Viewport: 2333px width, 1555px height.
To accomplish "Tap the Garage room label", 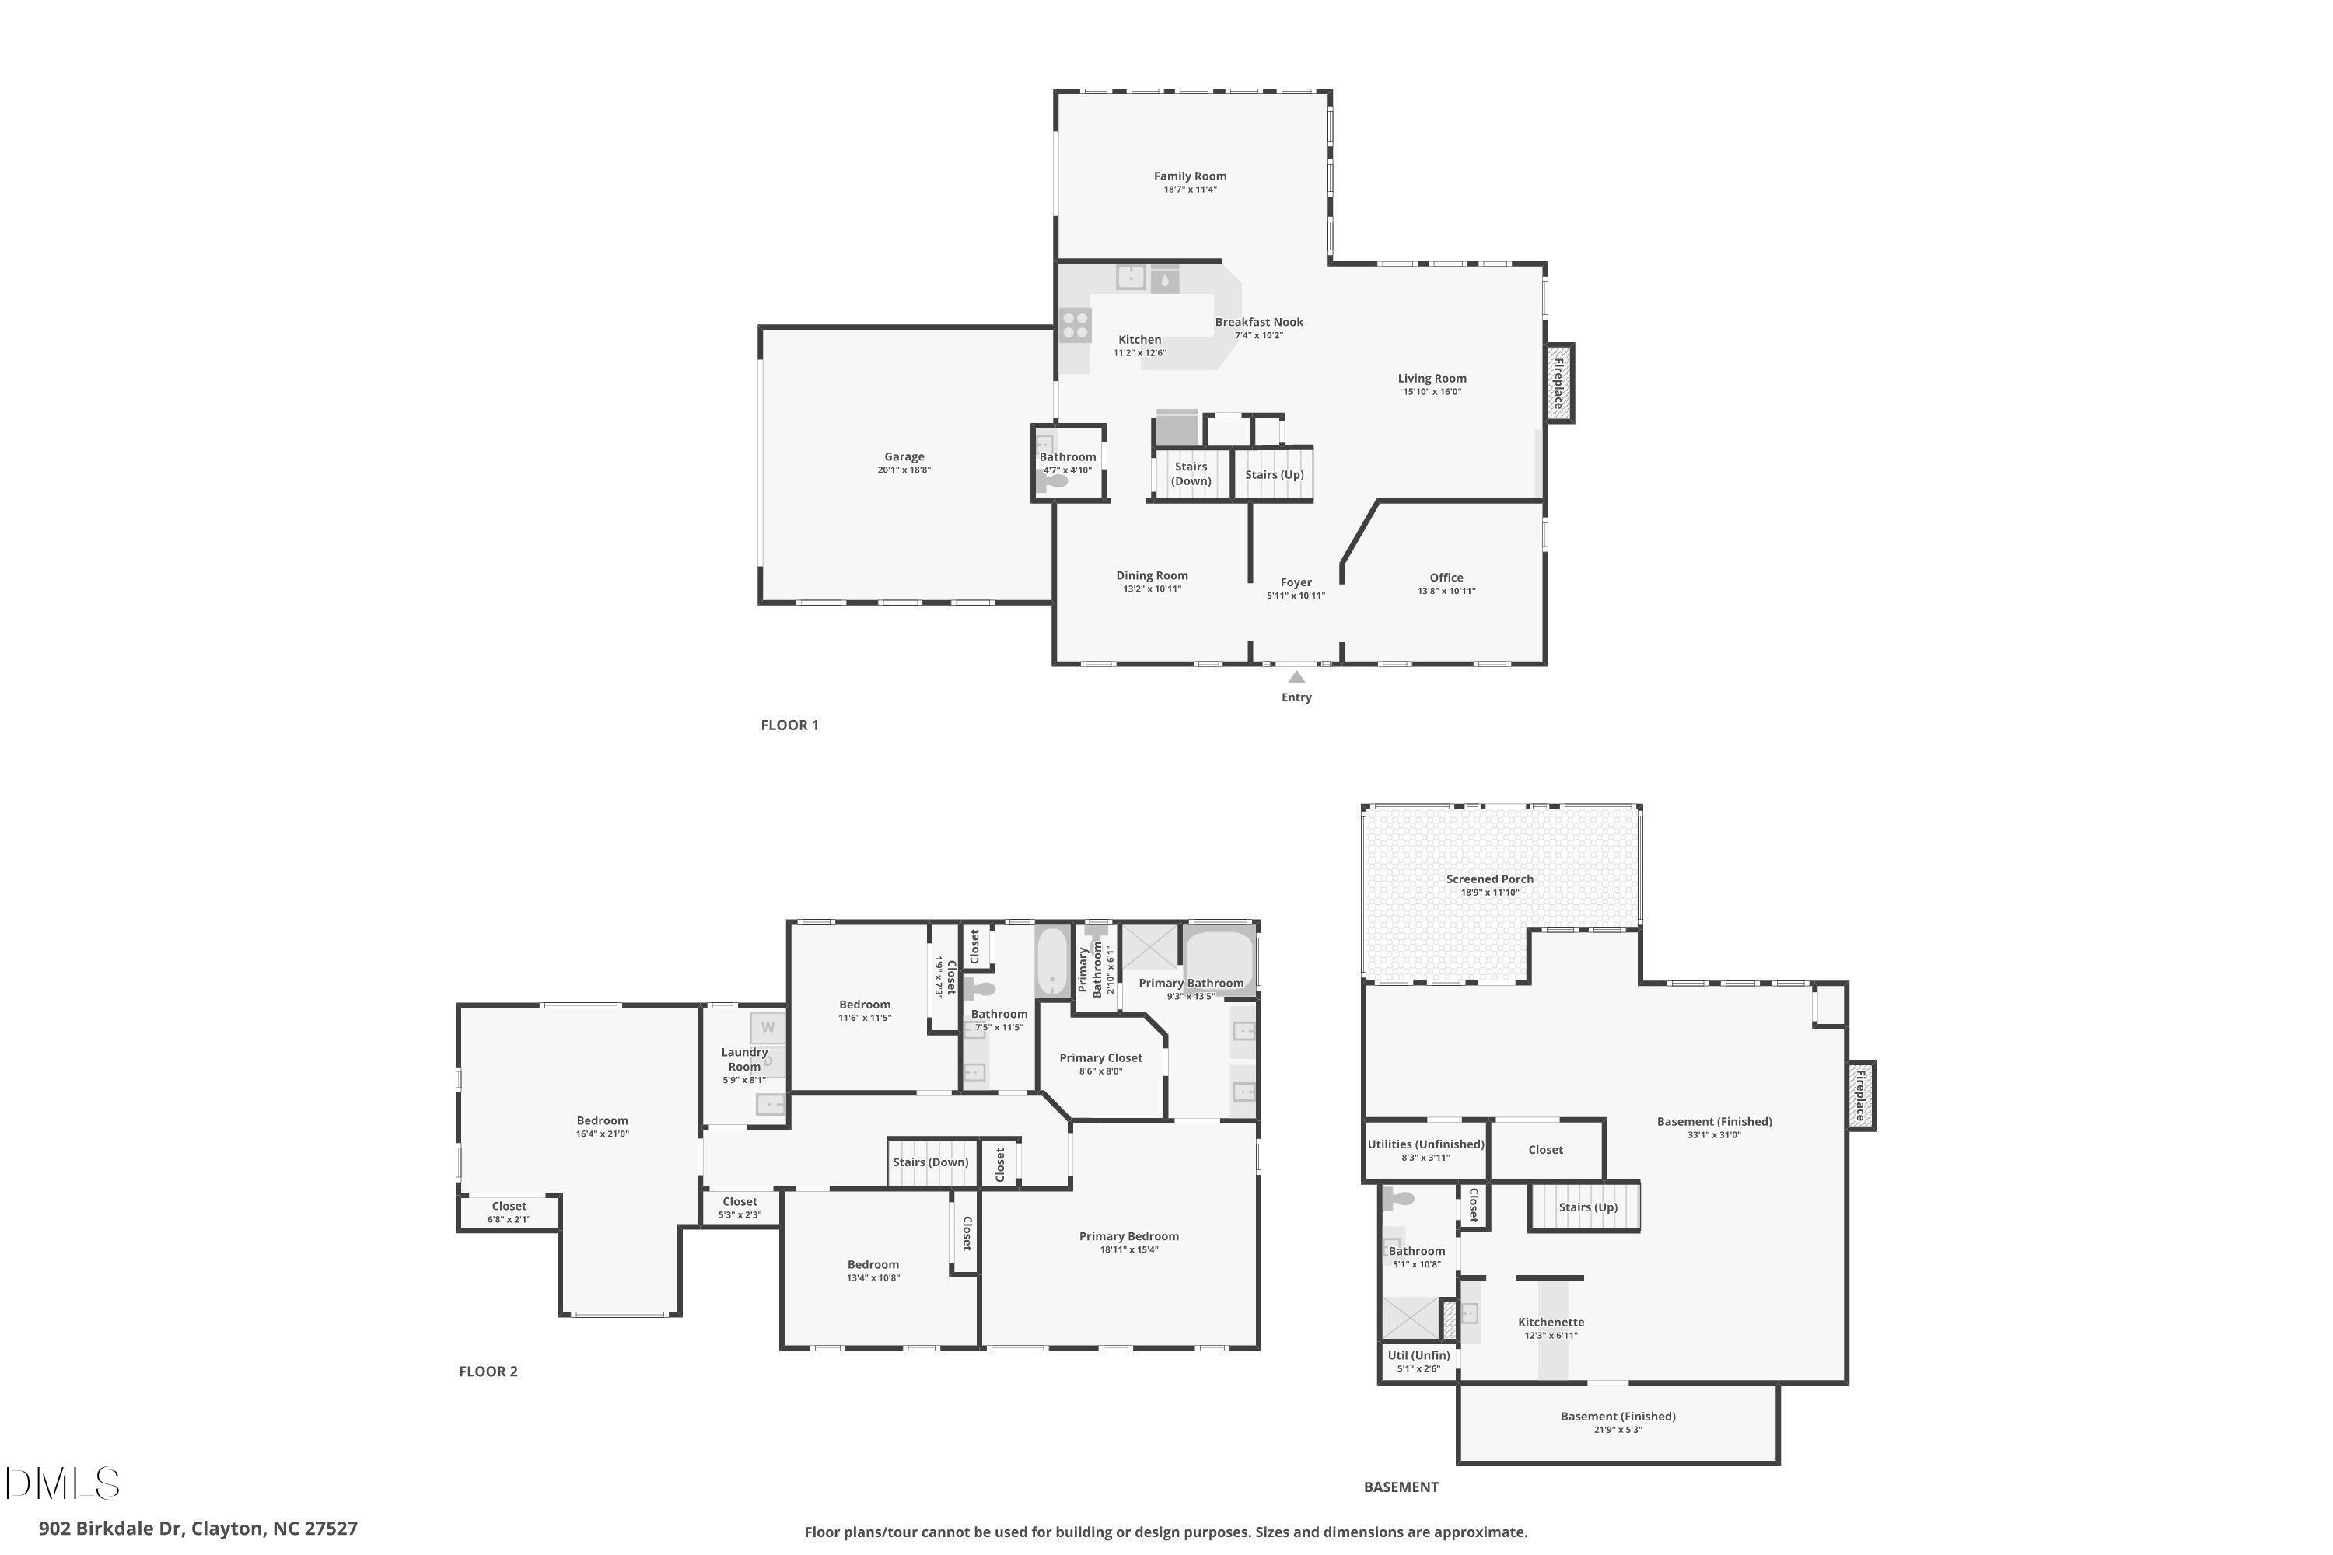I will click(x=904, y=457).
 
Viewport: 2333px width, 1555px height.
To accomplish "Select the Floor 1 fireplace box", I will click(x=1559, y=383).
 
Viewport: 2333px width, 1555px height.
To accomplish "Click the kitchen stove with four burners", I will click(x=1076, y=325).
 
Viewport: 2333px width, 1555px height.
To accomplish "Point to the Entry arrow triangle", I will click(x=1296, y=677).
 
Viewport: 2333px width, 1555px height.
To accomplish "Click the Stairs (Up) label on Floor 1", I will click(x=1274, y=475).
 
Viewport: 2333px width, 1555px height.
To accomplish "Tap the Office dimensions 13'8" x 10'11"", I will click(x=1446, y=592).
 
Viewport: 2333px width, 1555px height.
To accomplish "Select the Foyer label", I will click(x=1296, y=583).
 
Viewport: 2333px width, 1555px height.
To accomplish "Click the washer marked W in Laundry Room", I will click(x=768, y=1027).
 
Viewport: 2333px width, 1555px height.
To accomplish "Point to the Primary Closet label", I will click(x=1100, y=1058).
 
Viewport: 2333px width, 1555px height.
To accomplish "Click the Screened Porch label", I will click(x=1489, y=879).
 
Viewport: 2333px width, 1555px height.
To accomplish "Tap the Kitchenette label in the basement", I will click(x=1551, y=1322).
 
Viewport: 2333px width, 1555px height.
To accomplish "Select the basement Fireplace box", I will click(x=1860, y=1095).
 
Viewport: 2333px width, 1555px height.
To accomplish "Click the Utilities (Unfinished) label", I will click(x=1425, y=1144).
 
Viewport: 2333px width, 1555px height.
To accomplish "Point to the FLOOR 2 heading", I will click(x=488, y=1372).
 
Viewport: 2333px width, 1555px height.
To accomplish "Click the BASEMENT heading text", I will click(x=1401, y=1487).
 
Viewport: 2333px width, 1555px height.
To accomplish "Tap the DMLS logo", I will click(x=62, y=1483).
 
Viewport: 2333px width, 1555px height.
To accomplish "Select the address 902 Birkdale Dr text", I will click(x=198, y=1529).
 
